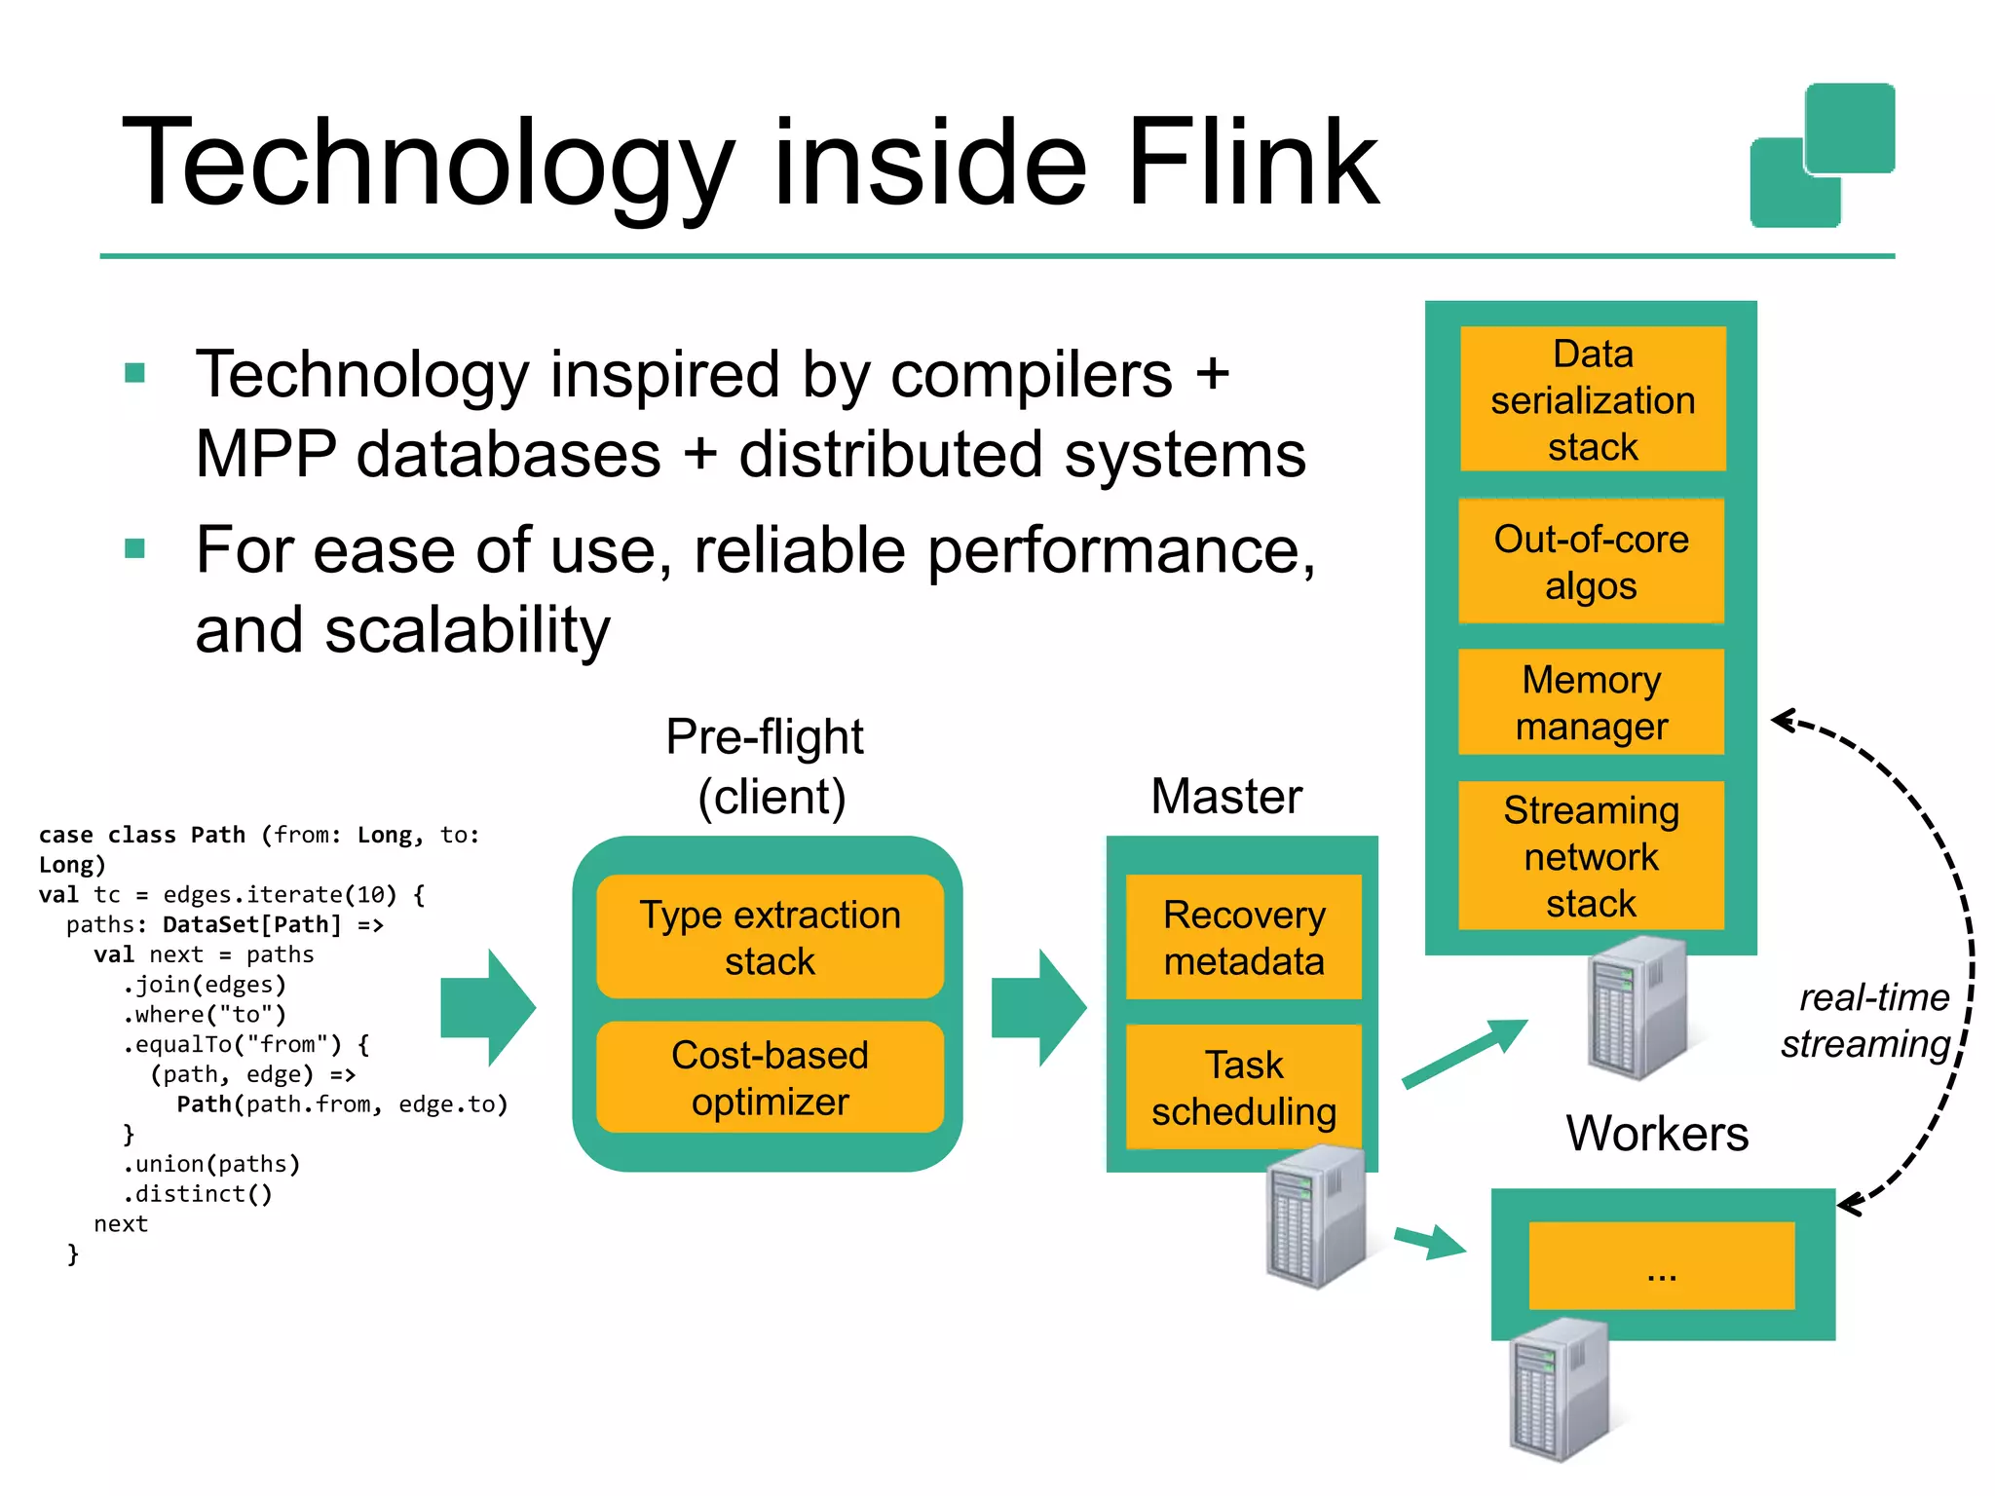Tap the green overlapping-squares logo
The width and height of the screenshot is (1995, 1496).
tap(1822, 156)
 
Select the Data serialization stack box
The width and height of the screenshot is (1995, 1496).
tap(1592, 399)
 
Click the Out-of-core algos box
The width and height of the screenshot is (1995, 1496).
tap(1591, 562)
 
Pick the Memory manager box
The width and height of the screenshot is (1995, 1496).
tap(1591, 702)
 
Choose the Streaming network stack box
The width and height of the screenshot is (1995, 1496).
tap(1591, 856)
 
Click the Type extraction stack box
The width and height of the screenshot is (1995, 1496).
tap(770, 937)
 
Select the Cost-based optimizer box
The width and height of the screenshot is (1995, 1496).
tap(770, 1078)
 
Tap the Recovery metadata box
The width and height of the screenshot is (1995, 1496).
tap(1243, 937)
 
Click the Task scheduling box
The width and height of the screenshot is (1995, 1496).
tap(1243, 1088)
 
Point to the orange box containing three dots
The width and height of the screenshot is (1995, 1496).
tap(1661, 1266)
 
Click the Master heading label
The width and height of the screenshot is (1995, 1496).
tap(1225, 797)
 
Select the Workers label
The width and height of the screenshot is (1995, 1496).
tap(1656, 1134)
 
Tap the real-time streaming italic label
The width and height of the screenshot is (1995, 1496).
tap(1865, 1021)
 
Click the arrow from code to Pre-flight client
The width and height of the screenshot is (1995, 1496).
tap(488, 1008)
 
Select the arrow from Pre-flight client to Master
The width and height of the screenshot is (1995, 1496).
tap(1038, 1008)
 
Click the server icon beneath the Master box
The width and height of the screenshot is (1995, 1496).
tap(1315, 1217)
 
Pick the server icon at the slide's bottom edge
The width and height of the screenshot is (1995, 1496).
tap(1559, 1391)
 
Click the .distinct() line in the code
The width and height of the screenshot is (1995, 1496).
tap(197, 1194)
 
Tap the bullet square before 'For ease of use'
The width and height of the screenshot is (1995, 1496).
tap(135, 549)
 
